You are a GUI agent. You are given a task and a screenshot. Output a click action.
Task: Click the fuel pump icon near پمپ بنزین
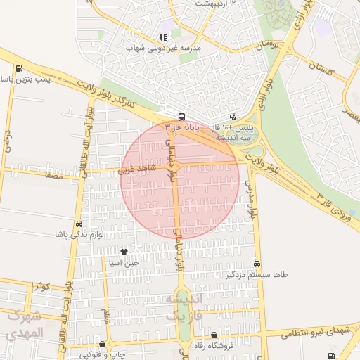(18, 69)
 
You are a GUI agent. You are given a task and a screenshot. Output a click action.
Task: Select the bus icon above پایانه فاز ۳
(182, 117)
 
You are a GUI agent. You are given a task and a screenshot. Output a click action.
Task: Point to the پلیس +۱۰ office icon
(233, 116)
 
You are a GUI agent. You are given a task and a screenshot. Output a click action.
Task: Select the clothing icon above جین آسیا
(124, 252)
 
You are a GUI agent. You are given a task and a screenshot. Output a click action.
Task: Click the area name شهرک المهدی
(25, 324)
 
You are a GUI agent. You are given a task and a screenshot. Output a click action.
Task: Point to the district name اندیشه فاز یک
(184, 308)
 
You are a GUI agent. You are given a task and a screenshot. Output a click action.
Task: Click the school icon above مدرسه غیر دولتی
(163, 37)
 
